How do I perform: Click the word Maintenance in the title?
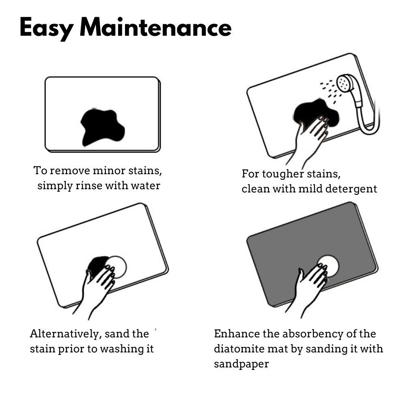(x=155, y=27)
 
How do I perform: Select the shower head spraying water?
(x=345, y=82)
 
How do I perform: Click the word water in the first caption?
(x=145, y=186)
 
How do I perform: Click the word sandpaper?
(x=241, y=364)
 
